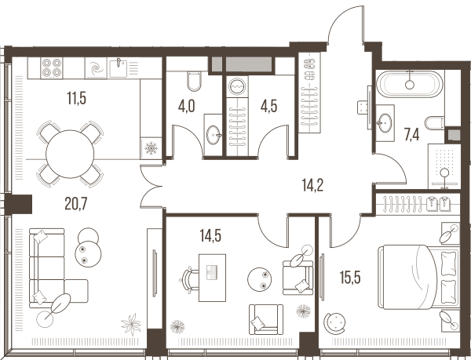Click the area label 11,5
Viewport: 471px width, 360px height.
click(x=77, y=98)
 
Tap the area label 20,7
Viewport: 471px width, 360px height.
click(x=76, y=204)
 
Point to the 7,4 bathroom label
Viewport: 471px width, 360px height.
click(x=411, y=135)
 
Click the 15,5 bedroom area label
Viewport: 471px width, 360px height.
click(x=350, y=278)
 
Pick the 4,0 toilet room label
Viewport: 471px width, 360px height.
click(x=186, y=106)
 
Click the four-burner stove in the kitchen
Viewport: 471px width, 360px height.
click(x=52, y=68)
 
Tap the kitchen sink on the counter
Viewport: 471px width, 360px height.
click(x=118, y=68)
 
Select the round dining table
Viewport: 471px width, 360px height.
click(x=70, y=154)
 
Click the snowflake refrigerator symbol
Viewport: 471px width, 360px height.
click(x=151, y=148)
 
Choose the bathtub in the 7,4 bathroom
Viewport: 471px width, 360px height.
click(x=410, y=84)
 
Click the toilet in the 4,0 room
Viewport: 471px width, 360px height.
click(x=194, y=82)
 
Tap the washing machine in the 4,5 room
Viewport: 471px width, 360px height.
click(x=237, y=87)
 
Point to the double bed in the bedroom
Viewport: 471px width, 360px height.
click(x=419, y=277)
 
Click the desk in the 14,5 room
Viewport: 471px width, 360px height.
click(x=213, y=278)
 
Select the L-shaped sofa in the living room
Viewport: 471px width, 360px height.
click(x=59, y=268)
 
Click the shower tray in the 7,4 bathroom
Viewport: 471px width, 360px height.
click(x=444, y=166)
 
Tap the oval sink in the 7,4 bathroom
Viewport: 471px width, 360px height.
click(x=385, y=123)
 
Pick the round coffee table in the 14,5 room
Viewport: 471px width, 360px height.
click(x=260, y=279)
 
